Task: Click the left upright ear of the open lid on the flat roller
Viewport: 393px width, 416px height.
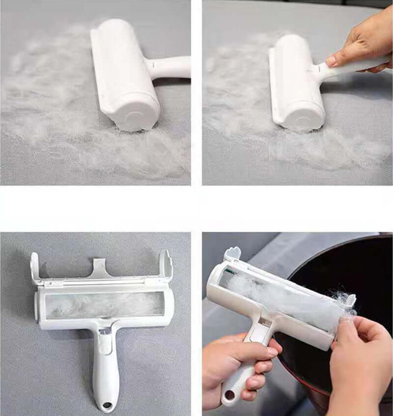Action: [x=35, y=266]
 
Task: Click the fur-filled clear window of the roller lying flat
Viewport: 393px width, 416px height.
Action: [x=103, y=304]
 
